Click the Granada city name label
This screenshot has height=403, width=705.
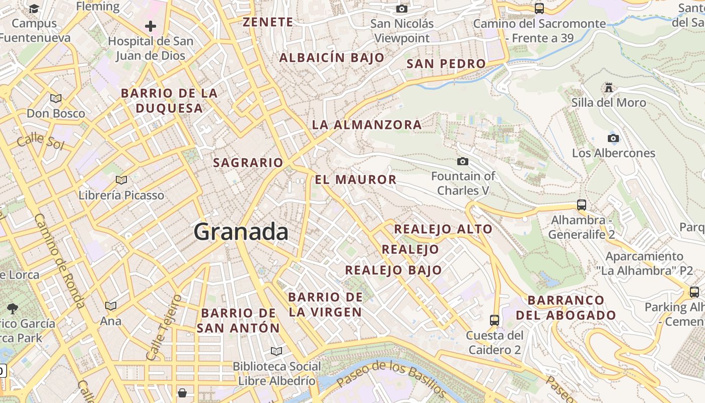pyautogui.click(x=241, y=232)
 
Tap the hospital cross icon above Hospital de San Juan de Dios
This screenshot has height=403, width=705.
pyautogui.click(x=150, y=26)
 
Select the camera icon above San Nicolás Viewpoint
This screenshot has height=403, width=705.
pyautogui.click(x=401, y=9)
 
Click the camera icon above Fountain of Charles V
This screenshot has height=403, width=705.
pyautogui.click(x=462, y=161)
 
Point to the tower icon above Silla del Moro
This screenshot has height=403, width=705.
pyautogui.click(x=608, y=88)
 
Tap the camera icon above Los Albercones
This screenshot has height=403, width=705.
pyautogui.click(x=613, y=138)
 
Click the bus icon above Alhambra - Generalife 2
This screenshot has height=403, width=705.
pyautogui.click(x=582, y=205)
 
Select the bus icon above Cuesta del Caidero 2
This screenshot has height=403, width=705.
pyautogui.click(x=495, y=320)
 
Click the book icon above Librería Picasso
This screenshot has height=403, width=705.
pyautogui.click(x=121, y=180)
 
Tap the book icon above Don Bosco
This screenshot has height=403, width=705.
pyautogui.click(x=55, y=98)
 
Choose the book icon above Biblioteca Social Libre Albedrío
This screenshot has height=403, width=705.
pyautogui.click(x=276, y=351)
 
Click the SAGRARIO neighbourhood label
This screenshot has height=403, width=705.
pyautogui.click(x=248, y=163)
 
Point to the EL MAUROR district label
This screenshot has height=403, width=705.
pyautogui.click(x=356, y=180)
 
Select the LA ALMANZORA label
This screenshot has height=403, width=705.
pyautogui.click(x=367, y=124)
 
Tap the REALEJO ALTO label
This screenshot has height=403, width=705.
pyautogui.click(x=443, y=229)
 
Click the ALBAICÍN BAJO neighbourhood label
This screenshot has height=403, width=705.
pyautogui.click(x=332, y=58)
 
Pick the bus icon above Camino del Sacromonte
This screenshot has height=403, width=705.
pyautogui.click(x=539, y=9)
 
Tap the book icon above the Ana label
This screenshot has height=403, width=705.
pyautogui.click(x=110, y=306)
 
